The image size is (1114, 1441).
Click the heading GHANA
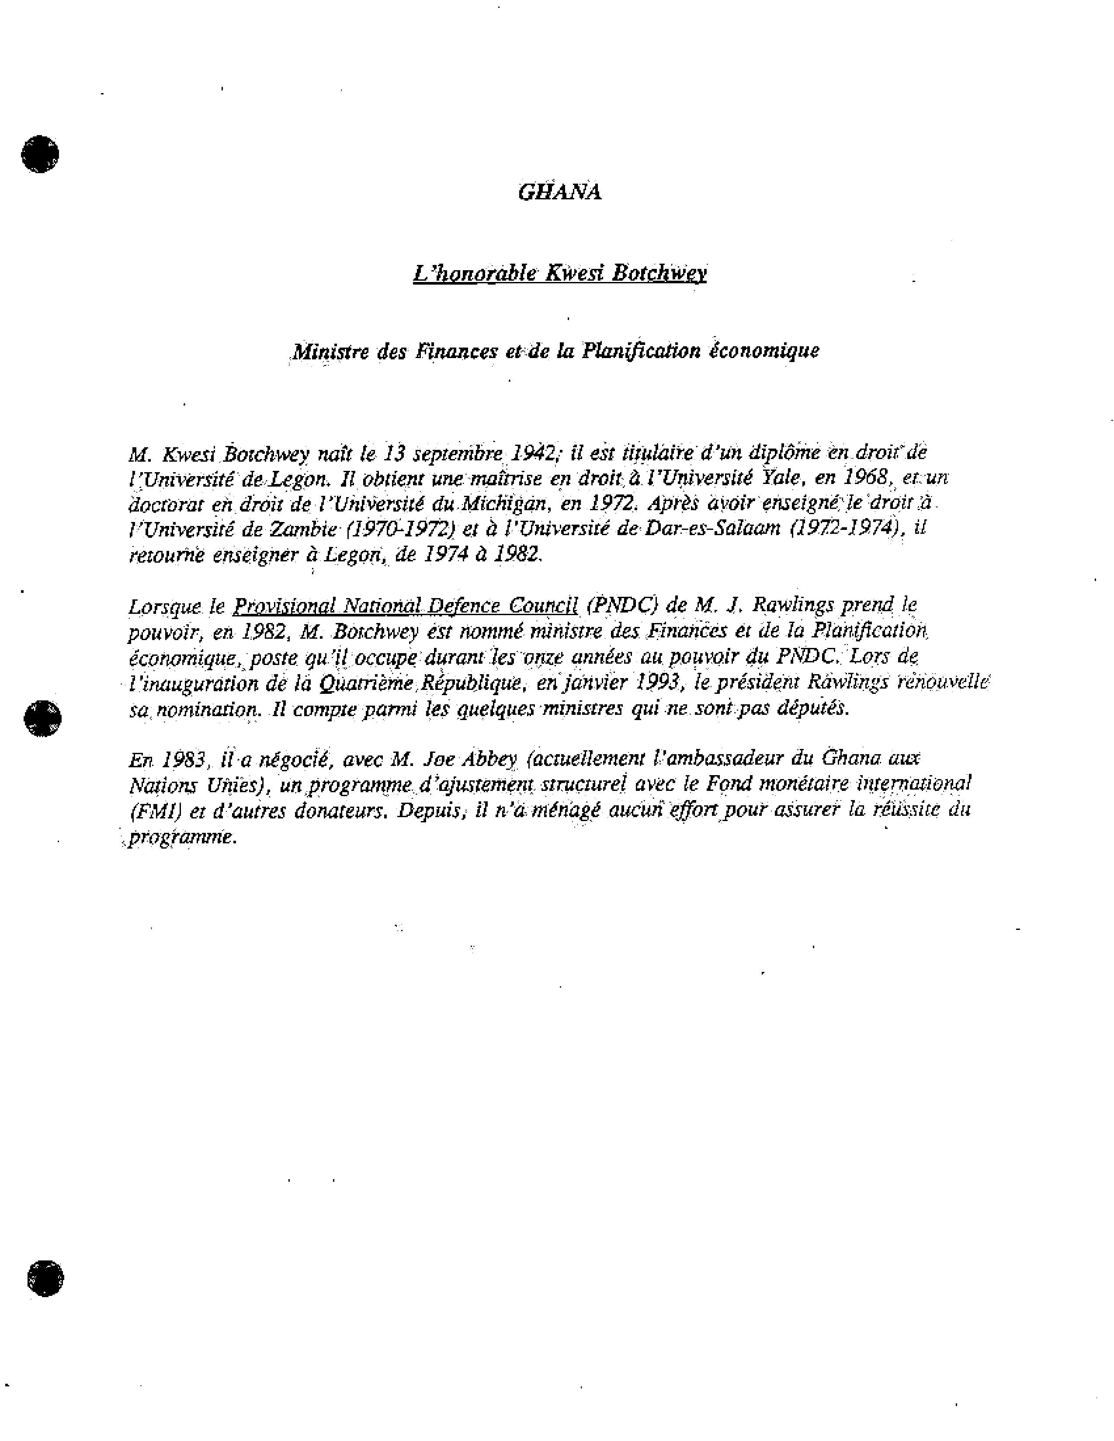pyautogui.click(x=559, y=192)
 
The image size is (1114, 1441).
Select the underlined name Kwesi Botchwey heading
pyautogui.click(x=559, y=273)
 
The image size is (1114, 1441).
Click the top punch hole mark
pyautogui.click(x=40, y=154)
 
